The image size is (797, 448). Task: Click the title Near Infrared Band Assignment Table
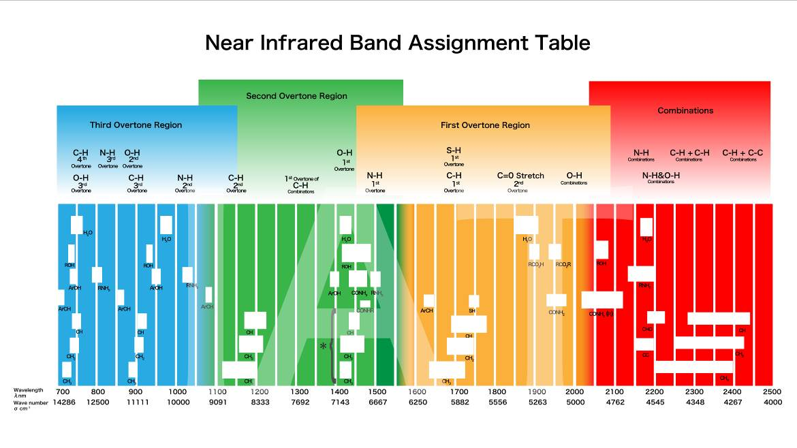[397, 43]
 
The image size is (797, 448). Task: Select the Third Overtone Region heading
[136, 125]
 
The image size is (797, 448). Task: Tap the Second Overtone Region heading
[296, 96]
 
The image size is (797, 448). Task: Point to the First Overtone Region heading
[485, 125]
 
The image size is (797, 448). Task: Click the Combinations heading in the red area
[685, 110]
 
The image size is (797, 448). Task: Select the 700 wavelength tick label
[63, 391]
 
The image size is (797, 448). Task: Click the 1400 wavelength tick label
[339, 391]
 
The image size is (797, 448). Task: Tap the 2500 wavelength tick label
[772, 391]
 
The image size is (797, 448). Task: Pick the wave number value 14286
[63, 402]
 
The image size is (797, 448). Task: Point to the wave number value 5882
[459, 402]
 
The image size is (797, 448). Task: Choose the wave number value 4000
[772, 402]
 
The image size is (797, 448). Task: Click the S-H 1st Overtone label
[454, 156]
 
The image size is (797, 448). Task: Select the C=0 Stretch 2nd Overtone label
[520, 180]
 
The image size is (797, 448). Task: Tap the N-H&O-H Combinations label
[661, 177]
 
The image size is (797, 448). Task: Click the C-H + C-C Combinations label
[743, 155]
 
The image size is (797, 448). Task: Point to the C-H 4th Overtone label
[81, 157]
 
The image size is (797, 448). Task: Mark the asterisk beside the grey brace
[323, 346]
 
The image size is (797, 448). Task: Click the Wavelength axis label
[28, 392]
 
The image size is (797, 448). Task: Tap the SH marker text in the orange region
[471, 310]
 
